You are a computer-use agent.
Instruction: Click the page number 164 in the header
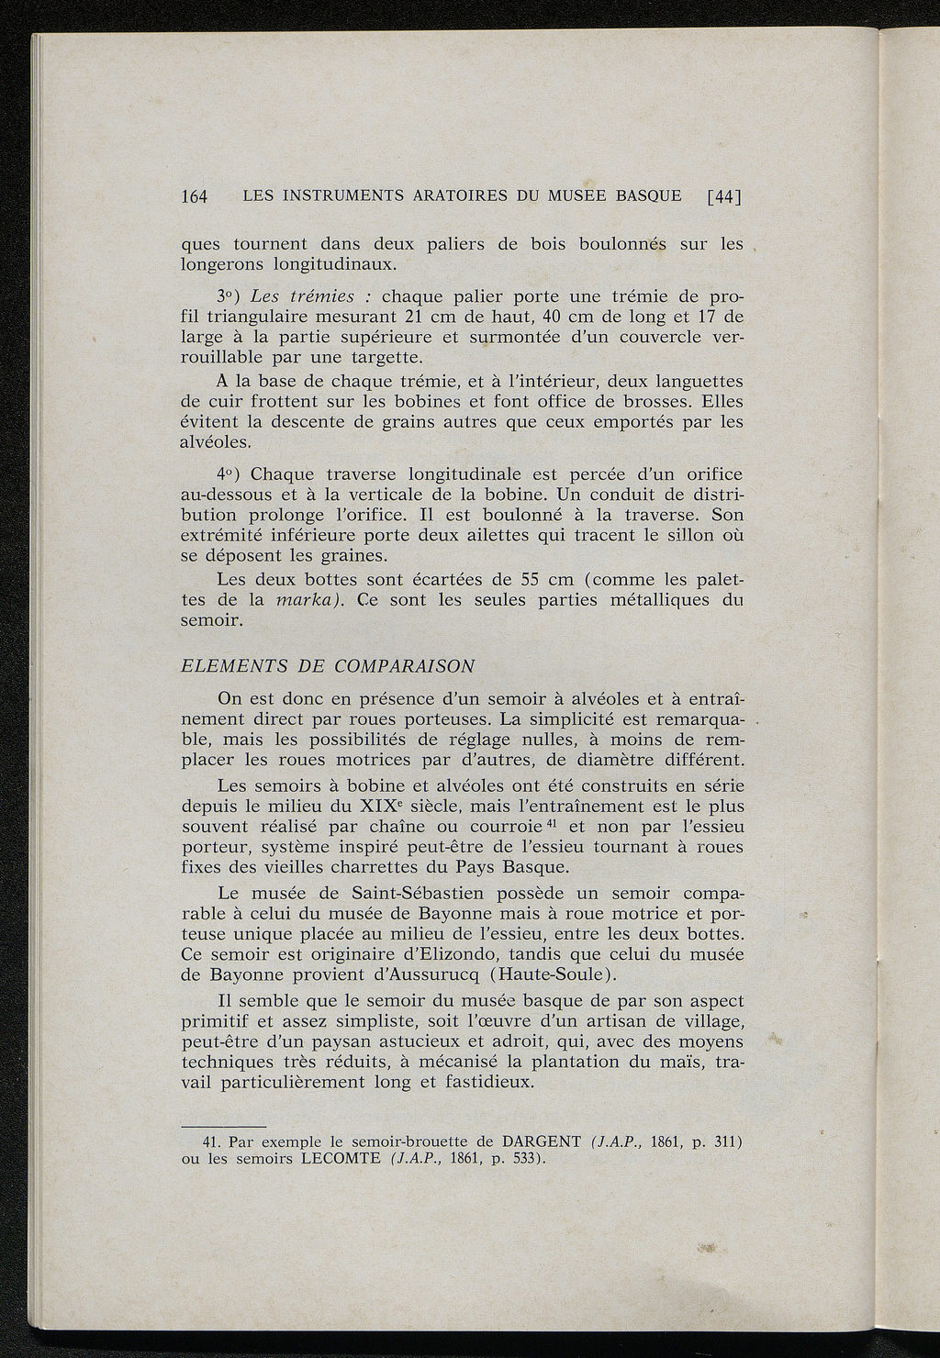pyautogui.click(x=196, y=196)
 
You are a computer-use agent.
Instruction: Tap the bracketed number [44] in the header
pyautogui.click(x=723, y=196)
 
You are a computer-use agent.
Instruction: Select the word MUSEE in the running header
pyautogui.click(x=584, y=195)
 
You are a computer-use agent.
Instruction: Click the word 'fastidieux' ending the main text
pyautogui.click(x=488, y=1082)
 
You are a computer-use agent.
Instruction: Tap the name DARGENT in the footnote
pyautogui.click(x=543, y=1142)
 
